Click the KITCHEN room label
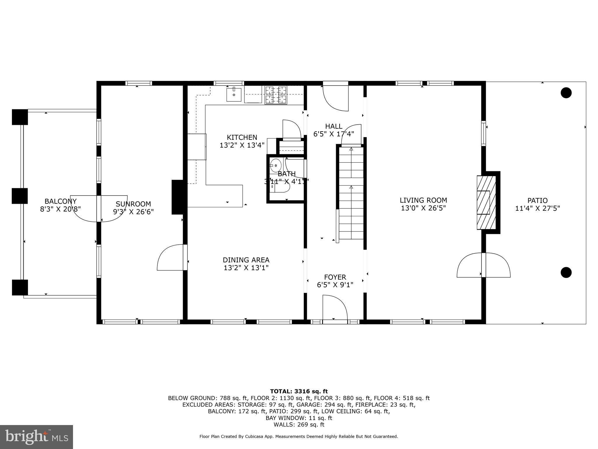coord(242,137)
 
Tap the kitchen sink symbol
coord(234,94)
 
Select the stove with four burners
coord(276,95)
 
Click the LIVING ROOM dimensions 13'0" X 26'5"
coord(423,208)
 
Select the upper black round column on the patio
coord(566,93)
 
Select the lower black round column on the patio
coord(566,272)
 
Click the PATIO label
coord(537,201)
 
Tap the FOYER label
coord(335,277)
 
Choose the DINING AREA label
coord(246,260)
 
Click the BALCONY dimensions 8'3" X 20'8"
coord(60,209)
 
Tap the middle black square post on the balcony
coord(20,196)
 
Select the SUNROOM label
coord(133,204)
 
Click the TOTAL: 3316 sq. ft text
coord(299,391)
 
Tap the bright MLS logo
coord(36,437)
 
